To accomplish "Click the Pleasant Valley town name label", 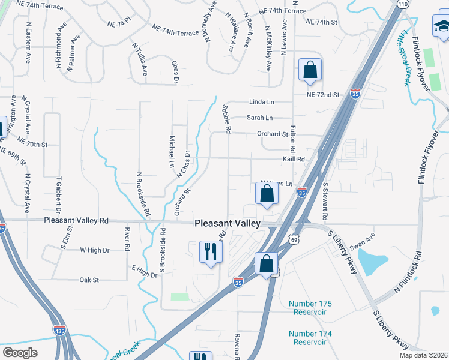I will point(228,223).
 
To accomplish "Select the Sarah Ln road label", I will point(260,118).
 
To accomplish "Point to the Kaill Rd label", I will point(294,160).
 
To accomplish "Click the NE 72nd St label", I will point(322,95).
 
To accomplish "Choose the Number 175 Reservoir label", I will point(307,308).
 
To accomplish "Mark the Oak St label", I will point(89,280).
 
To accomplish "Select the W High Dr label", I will point(95,250).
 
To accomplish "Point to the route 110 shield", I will point(402,4).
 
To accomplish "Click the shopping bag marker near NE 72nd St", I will point(310,70).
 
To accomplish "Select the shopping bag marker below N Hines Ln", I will point(266,194).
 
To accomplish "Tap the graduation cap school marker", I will point(442,27).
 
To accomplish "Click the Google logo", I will point(20,352).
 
